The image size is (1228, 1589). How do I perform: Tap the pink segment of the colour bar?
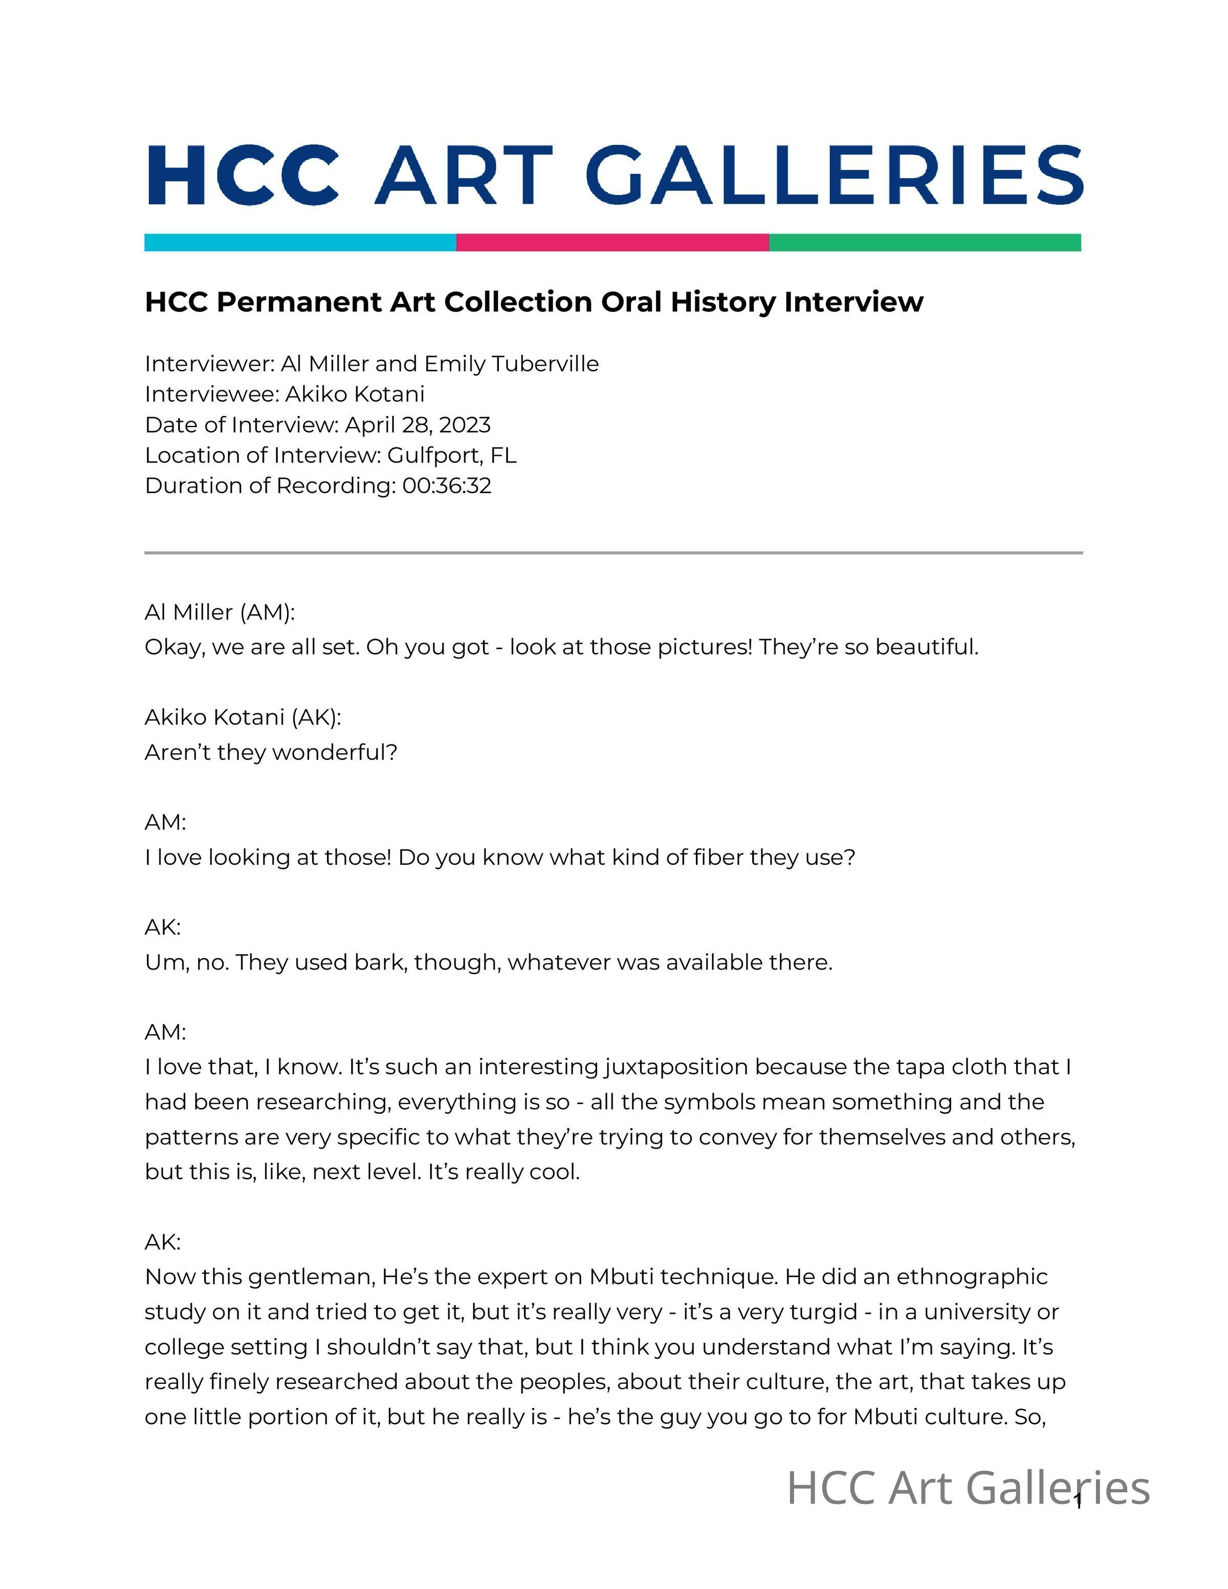pos(612,242)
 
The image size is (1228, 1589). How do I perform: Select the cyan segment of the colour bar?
pos(300,242)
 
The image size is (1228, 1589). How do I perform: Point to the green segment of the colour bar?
pos(925,242)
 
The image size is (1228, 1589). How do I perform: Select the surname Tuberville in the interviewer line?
pos(545,363)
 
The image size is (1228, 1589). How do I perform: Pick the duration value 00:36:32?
pos(447,485)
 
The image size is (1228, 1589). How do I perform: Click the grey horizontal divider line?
pos(613,553)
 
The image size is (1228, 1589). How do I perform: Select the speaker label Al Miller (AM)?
pos(220,612)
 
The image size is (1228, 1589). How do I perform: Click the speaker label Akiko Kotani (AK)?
pos(242,717)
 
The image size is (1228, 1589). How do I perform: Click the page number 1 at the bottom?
pos(1078,1501)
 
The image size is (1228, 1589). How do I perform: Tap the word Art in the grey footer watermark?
pos(922,1488)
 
